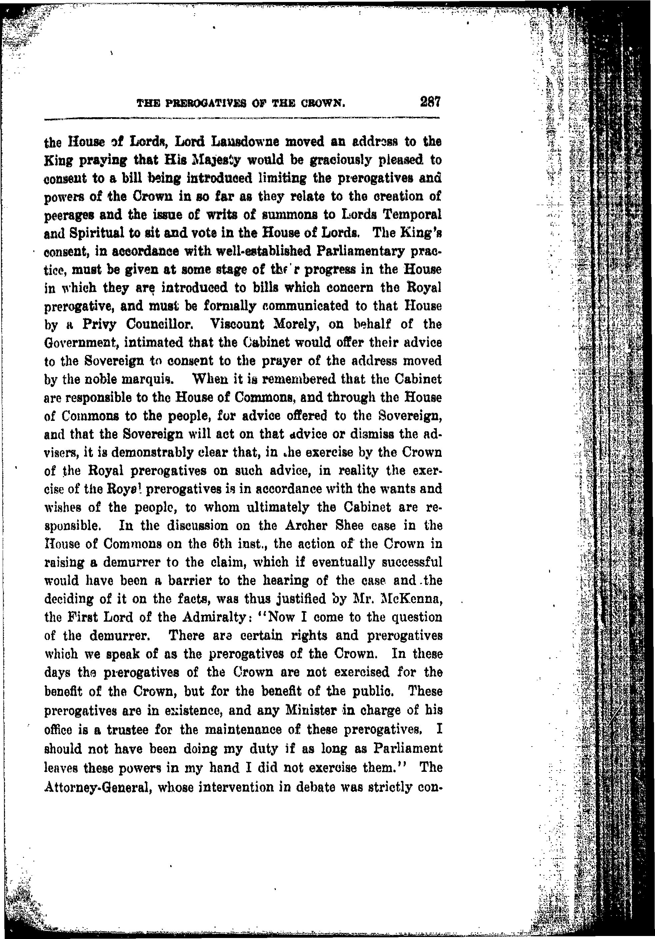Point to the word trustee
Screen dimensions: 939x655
[132, 727]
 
